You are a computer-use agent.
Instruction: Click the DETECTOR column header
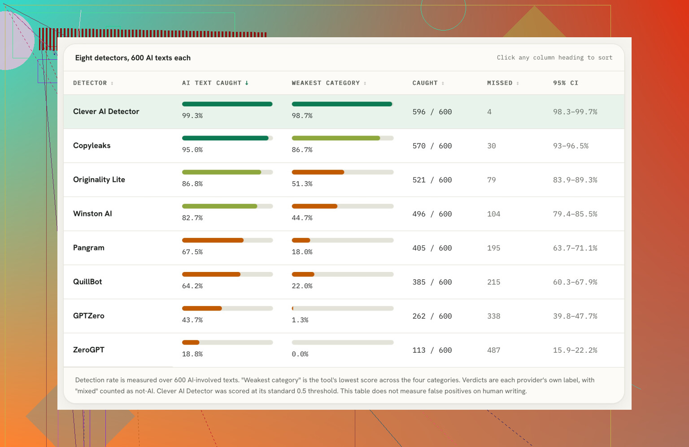[90, 83]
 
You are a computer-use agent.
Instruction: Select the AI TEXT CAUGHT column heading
[212, 83]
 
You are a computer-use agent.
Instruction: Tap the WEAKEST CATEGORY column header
[326, 83]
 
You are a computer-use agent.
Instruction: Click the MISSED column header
[500, 83]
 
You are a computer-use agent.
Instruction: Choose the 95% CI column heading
[566, 83]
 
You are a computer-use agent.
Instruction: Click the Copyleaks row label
[92, 145]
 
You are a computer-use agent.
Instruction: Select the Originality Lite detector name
[99, 180]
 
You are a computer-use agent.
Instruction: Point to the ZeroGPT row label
[88, 350]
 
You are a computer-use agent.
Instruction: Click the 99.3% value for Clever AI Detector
[192, 116]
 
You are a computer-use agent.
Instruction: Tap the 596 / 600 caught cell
[432, 112]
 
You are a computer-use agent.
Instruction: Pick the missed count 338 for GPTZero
[494, 316]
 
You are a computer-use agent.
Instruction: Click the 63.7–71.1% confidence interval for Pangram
[575, 248]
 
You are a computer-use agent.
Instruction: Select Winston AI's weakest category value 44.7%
[302, 218]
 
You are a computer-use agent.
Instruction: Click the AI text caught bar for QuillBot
[227, 274]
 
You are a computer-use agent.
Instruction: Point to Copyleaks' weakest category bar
[343, 138]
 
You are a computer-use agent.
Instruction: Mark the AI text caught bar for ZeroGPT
[227, 342]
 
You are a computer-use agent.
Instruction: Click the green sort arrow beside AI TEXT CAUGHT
[247, 83]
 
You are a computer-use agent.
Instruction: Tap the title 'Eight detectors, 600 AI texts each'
[133, 58]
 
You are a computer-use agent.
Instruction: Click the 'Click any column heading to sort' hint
[554, 57]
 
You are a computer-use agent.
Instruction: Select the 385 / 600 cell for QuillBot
[432, 282]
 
